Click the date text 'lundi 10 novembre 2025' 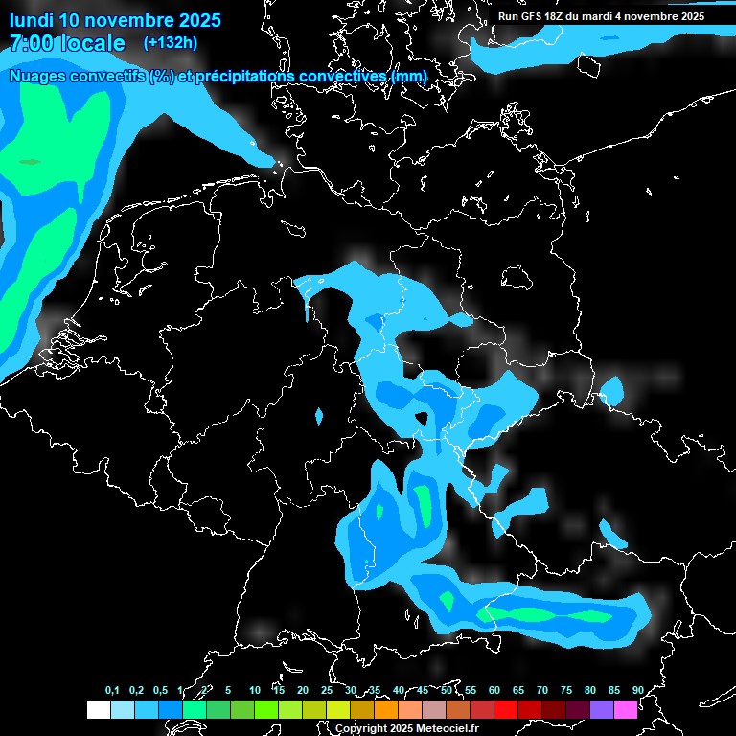click(x=115, y=20)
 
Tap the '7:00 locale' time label click(x=67, y=43)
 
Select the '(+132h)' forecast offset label click(x=171, y=42)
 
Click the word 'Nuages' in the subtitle click(x=35, y=76)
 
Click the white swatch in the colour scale click(x=98, y=710)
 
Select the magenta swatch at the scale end click(x=626, y=710)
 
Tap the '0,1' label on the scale click(x=112, y=691)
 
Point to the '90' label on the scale click(x=638, y=691)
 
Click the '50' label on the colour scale click(x=447, y=691)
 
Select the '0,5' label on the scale click(x=159, y=691)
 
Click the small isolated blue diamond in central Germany click(x=319, y=416)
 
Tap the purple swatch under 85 click(x=602, y=710)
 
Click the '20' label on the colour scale click(x=303, y=691)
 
